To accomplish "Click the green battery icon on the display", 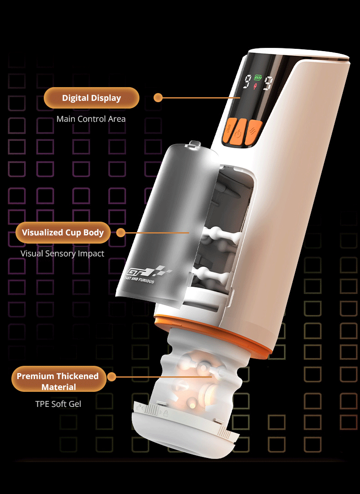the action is pos(258,77).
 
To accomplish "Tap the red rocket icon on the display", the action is pos(255,86).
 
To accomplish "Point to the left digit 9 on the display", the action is pos(248,81).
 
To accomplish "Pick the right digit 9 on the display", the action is pos(268,83).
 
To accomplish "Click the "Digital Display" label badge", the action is pos(92,98).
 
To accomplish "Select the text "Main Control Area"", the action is pos(91,119).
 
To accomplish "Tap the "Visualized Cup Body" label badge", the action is pos(63,233).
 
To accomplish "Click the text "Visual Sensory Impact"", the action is pos(62,254).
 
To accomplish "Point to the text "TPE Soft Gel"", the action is pos(58,404).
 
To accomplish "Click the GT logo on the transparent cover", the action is pos(148,271).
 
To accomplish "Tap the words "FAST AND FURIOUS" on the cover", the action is pos(139,279).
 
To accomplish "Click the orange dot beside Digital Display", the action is pos(158,98).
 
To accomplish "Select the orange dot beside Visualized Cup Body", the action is pos(120,233).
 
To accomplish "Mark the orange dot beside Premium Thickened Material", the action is pos(111,377).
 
